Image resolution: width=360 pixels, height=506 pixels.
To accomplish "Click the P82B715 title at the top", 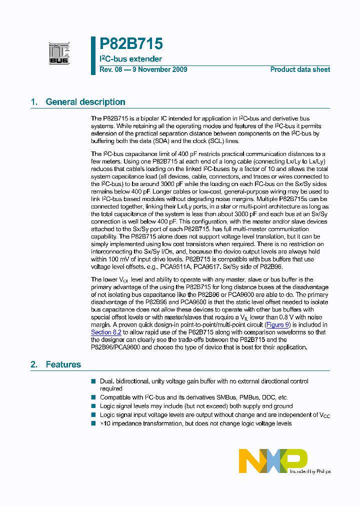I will pyautogui.click(x=131, y=44).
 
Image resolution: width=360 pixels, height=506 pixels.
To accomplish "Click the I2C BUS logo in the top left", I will pyautogui.click(x=59, y=53).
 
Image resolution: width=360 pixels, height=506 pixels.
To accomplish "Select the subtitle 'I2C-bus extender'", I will pyautogui.click(x=130, y=59).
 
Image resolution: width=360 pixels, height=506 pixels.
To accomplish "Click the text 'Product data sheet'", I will pyautogui.click(x=300, y=69).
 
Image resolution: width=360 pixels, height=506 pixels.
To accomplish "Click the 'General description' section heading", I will pyautogui.click(x=85, y=102).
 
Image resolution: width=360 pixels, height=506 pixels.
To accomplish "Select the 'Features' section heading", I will pyautogui.click(x=63, y=364).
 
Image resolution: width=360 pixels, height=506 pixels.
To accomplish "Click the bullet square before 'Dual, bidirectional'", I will pyautogui.click(x=93, y=381).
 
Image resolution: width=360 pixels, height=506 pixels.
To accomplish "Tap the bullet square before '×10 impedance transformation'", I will pyautogui.click(x=93, y=423).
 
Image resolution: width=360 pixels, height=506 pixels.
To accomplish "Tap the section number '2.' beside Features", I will pyautogui.click(x=34, y=364).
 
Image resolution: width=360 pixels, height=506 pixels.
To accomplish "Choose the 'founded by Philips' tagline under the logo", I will pyautogui.click(x=310, y=471).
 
